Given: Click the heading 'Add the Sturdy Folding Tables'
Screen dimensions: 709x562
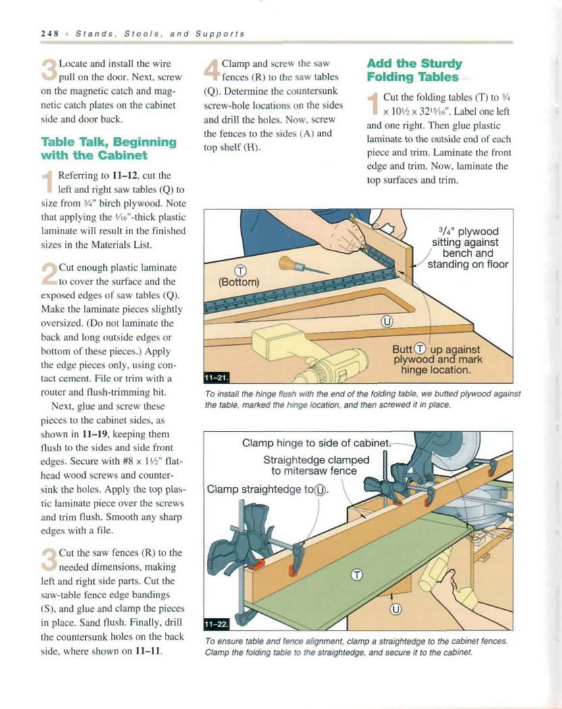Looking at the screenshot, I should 413,70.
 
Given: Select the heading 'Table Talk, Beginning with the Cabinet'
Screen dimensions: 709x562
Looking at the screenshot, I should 108,148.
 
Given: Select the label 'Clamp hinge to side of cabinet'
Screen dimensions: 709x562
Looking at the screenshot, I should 316,444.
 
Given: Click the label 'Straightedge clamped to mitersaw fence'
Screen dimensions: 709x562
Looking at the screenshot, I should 316,465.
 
